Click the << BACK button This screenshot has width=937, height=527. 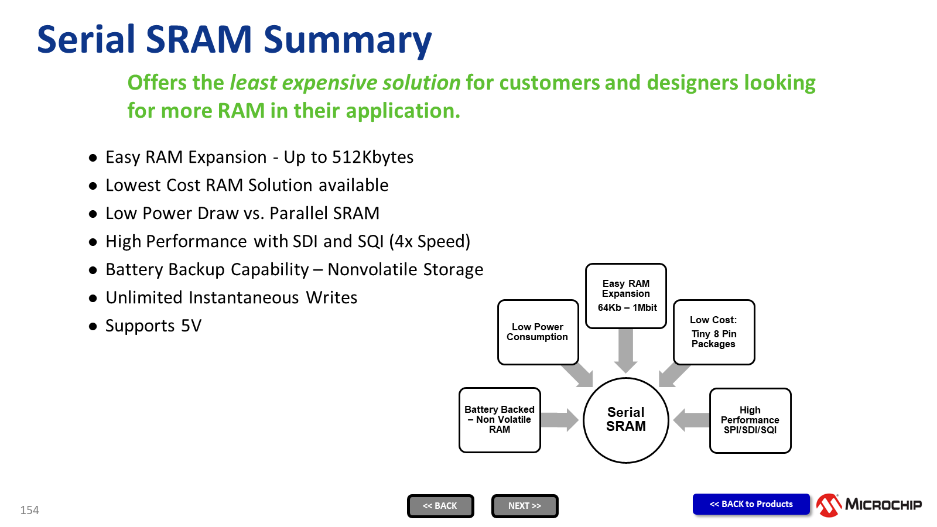pos(440,506)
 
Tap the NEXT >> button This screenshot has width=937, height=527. pos(525,506)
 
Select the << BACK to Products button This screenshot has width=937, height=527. pos(751,504)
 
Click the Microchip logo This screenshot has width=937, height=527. pos(869,505)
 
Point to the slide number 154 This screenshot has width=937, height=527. pos(29,510)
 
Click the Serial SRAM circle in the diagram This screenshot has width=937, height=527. pos(626,420)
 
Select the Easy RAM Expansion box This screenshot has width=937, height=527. pos(626,296)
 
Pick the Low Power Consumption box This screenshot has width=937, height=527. pos(538,332)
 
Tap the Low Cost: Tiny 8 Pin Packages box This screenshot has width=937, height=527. pos(714,332)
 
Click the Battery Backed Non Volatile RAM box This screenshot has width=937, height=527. pos(500,420)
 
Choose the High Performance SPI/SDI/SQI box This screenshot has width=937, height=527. pos(750,420)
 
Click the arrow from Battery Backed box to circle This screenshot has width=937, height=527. pos(560,419)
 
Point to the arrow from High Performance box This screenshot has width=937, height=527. pos(691,419)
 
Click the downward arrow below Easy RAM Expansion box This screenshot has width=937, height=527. pos(626,351)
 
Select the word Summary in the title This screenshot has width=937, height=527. pos(347,40)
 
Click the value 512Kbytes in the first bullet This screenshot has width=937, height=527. pos(372,158)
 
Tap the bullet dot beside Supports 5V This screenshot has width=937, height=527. pos(93,326)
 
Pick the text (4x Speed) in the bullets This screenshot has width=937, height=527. pos(430,242)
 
